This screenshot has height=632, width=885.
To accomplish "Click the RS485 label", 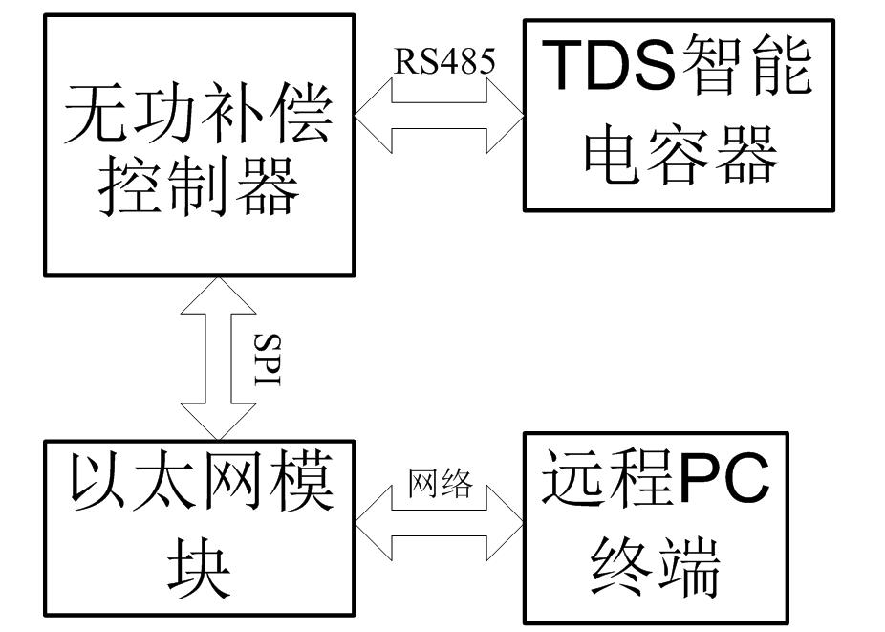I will click(x=445, y=62).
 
